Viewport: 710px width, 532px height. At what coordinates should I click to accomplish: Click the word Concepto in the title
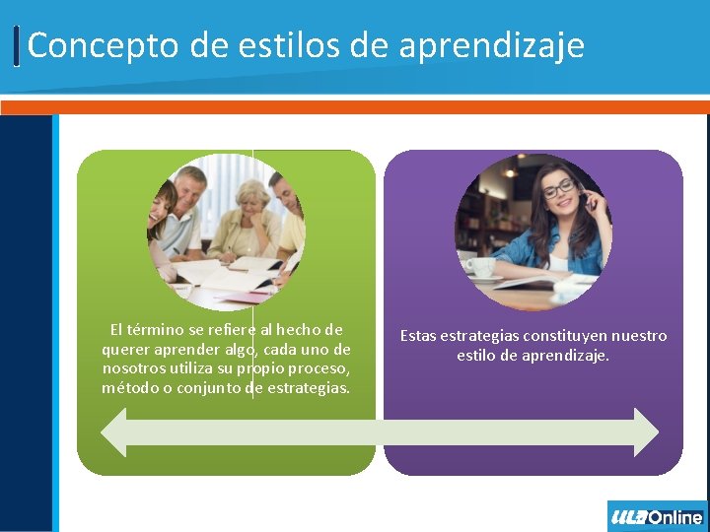pos(83,45)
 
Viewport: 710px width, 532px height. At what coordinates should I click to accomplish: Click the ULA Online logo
pos(657,516)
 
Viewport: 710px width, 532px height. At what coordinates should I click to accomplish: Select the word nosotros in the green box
pos(133,368)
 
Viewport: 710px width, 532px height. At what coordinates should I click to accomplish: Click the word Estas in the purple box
pos(418,336)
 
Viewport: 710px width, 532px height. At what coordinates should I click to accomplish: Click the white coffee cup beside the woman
pos(480,267)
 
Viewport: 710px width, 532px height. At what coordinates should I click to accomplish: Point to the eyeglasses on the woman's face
pos(558,187)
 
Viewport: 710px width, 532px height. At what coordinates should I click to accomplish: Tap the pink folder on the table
pos(243,296)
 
